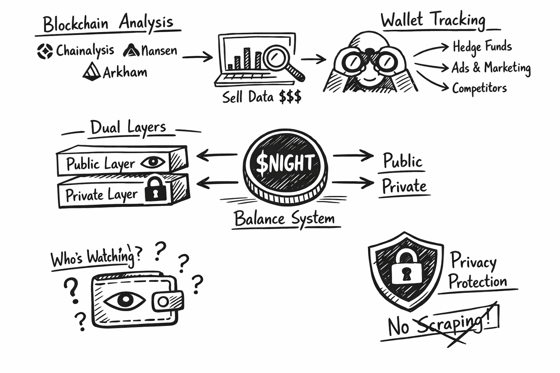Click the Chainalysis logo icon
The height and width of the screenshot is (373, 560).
click(45, 51)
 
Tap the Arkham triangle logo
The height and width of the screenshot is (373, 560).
click(92, 71)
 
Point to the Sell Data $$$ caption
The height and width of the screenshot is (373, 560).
click(262, 97)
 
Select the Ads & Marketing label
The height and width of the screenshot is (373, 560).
click(491, 68)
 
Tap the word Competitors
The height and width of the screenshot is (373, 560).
click(479, 88)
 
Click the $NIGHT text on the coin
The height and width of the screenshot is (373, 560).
click(285, 163)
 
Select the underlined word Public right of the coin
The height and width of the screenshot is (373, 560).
click(402, 161)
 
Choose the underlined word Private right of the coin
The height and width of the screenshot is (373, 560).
click(404, 186)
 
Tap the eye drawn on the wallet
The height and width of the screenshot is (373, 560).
click(124, 300)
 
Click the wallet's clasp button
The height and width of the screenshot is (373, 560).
click(164, 301)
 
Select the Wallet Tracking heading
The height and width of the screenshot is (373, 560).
click(433, 20)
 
